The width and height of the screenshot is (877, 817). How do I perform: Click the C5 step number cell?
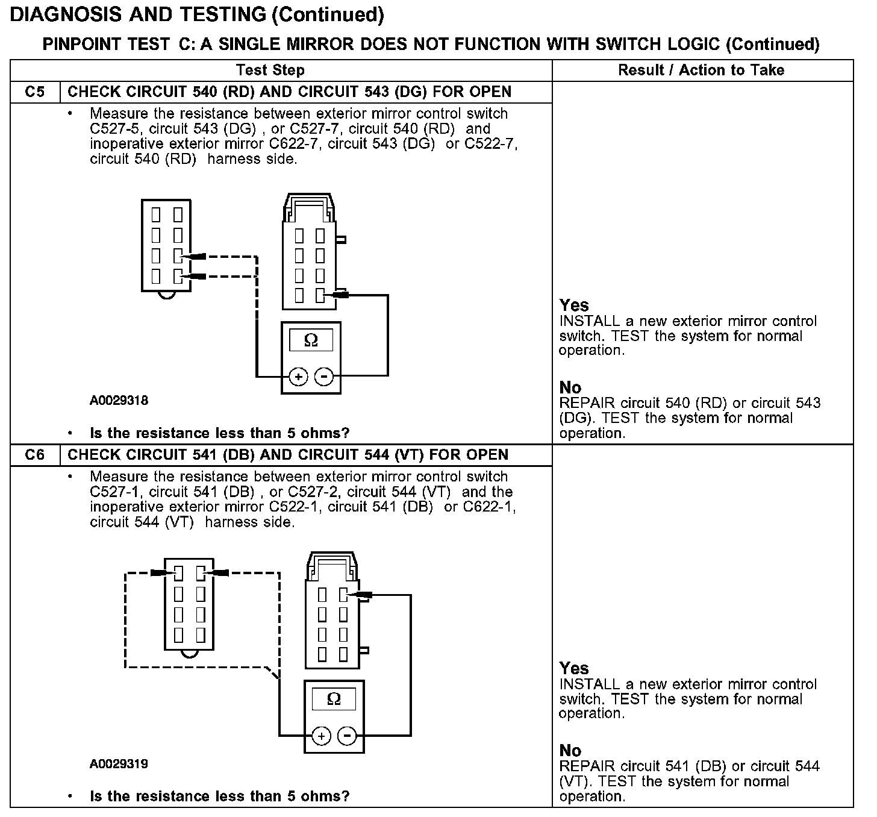(x=35, y=92)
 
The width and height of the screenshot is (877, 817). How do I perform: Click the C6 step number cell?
(x=35, y=455)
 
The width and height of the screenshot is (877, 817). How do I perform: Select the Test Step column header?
(x=270, y=70)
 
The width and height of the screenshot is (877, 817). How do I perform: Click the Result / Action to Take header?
(x=701, y=70)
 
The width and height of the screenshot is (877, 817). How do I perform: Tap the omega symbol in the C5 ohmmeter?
(x=311, y=340)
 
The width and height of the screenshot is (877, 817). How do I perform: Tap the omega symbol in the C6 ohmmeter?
(x=334, y=699)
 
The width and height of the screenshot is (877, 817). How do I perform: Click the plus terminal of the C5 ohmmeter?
(x=298, y=377)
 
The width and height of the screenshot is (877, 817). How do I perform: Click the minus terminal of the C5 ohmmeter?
(x=324, y=377)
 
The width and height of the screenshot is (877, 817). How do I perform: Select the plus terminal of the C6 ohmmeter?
(x=321, y=736)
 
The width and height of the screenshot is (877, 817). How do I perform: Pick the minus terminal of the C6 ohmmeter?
(x=347, y=736)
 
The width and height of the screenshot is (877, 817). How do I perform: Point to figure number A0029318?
(x=119, y=401)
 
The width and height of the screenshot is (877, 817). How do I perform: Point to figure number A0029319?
(x=119, y=764)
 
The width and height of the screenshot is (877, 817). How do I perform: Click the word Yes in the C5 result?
(x=574, y=305)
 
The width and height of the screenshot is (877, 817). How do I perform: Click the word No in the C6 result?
(x=570, y=751)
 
